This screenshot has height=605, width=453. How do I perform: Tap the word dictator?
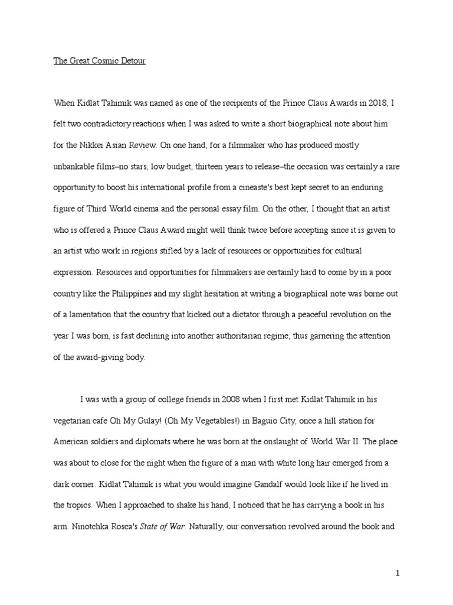coord(264,314)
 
